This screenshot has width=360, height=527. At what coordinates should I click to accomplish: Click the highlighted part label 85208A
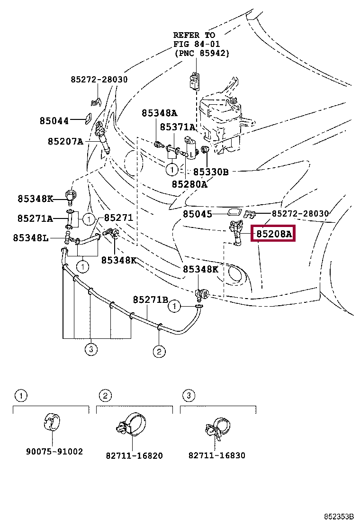pyautogui.click(x=273, y=234)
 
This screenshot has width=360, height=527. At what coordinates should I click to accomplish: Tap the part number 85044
pyautogui.click(x=54, y=121)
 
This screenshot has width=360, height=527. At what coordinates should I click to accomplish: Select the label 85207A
pyautogui.click(x=65, y=141)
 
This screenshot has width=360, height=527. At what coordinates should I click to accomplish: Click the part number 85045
pyautogui.click(x=198, y=214)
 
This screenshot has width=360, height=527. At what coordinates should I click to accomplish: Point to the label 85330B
pyautogui.click(x=211, y=172)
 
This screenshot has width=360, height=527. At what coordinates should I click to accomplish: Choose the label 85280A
pyautogui.click(x=189, y=184)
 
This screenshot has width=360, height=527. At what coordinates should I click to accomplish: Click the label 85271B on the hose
pyautogui.click(x=151, y=300)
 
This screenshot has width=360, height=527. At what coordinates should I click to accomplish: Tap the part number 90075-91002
pyautogui.click(x=54, y=451)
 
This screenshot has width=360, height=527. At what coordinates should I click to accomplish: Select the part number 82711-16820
pyautogui.click(x=135, y=455)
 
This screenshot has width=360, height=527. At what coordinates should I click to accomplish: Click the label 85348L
pyautogui.click(x=31, y=238)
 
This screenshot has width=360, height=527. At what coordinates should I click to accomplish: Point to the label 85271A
pyautogui.click(x=35, y=218)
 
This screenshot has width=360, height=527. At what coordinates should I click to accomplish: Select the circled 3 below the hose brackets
pyautogui.click(x=90, y=349)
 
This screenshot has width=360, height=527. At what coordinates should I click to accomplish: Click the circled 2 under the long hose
pyautogui.click(x=159, y=352)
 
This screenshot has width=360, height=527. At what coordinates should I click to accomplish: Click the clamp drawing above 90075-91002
pyautogui.click(x=52, y=422)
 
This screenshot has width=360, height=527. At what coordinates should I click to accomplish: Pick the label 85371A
pyautogui.click(x=177, y=127)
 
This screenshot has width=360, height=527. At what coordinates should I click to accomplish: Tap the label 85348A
pyautogui.click(x=159, y=113)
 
